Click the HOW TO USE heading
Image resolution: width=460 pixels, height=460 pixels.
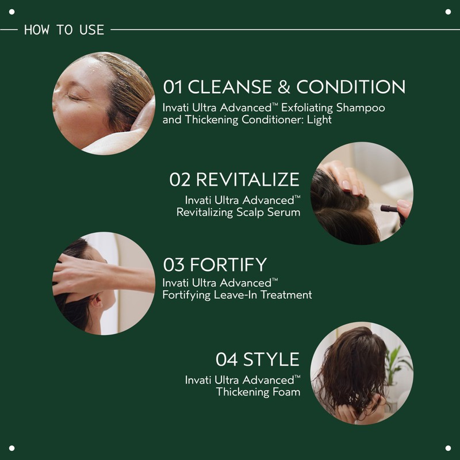[64, 29]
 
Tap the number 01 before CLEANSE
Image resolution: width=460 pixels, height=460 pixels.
[173, 87]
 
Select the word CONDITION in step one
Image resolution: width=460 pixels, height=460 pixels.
[351, 87]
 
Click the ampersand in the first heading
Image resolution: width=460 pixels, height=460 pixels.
[282, 87]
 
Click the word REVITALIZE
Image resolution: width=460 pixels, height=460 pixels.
[248, 179]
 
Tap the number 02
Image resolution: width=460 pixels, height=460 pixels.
[179, 179]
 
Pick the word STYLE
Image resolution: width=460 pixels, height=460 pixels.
[271, 360]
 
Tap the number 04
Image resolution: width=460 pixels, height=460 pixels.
[226, 360]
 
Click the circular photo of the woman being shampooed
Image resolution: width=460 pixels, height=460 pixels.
[103, 103]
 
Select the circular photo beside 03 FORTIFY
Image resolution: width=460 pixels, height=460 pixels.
[103, 283]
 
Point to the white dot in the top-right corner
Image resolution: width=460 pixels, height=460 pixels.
[448, 11]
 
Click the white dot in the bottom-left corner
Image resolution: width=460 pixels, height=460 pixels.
[11, 448]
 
